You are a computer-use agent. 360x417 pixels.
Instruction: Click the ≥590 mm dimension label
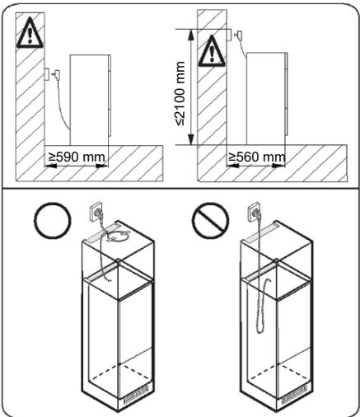coord(77,157)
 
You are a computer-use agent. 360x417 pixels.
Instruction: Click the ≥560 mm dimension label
coord(257,157)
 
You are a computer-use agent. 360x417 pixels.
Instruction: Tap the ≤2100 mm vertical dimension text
coord(180,94)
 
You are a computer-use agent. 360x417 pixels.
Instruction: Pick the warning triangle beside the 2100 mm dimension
coord(212,51)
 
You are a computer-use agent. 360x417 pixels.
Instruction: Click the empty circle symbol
coord(53,220)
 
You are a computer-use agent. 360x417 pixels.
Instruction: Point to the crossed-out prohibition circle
coord(210,220)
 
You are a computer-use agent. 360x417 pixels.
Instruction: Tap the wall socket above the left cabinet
coord(96,212)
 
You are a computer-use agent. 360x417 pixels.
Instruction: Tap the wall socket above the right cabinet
coord(255,212)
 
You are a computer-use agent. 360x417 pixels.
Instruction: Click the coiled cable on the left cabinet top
coord(117,236)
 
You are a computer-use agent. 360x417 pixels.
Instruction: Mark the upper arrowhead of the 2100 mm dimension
coord(191,35)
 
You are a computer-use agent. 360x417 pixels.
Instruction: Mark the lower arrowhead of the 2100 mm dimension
coord(191,139)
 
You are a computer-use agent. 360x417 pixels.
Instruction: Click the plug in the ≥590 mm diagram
coord(57,74)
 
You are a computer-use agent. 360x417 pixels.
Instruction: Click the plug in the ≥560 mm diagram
coord(238,35)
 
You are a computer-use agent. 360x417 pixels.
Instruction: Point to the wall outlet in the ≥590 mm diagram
coord(47,74)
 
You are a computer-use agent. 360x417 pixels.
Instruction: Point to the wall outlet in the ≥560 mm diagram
coord(229,35)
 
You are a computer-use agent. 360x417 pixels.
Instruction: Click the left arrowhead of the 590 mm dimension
coord(51,166)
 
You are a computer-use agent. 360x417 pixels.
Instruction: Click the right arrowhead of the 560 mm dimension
coord(278,166)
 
